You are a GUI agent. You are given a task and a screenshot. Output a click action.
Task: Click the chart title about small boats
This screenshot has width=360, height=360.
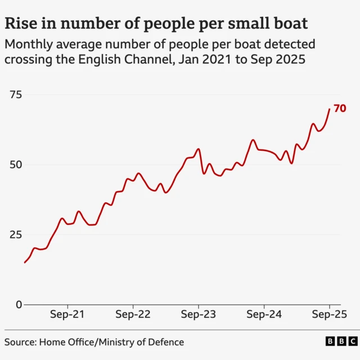coord(156,23)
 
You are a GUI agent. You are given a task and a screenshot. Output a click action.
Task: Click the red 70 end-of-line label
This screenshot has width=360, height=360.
coord(340,109)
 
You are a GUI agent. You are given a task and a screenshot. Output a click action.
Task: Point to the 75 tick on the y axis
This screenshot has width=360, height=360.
coord(15,94)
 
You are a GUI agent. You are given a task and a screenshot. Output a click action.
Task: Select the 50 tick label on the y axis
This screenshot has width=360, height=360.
coord(15,165)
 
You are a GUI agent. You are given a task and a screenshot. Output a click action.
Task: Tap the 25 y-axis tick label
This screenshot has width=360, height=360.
coord(15,235)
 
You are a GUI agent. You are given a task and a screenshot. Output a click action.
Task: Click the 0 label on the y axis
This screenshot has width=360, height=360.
coord(19,304)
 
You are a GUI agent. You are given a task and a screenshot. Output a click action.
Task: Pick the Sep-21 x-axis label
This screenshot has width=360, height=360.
coord(67,314)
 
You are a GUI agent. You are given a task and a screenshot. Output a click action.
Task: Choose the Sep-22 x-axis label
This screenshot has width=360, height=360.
coord(132,314)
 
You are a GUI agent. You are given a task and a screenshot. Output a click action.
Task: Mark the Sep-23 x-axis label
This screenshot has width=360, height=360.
coord(198,314)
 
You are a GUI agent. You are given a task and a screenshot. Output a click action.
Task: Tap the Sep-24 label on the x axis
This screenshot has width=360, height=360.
coord(264,314)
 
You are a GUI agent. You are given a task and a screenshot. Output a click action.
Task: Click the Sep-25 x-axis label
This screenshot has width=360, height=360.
coord(329,314)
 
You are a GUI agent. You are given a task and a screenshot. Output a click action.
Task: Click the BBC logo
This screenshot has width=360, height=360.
coord(340,341)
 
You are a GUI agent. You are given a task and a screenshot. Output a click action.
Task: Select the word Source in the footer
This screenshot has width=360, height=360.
coord(19,342)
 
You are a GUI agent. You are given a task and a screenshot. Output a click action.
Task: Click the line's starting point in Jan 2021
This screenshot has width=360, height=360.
coord(24,263)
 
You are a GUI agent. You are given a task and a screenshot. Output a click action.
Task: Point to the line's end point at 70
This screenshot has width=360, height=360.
coord(329,109)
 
